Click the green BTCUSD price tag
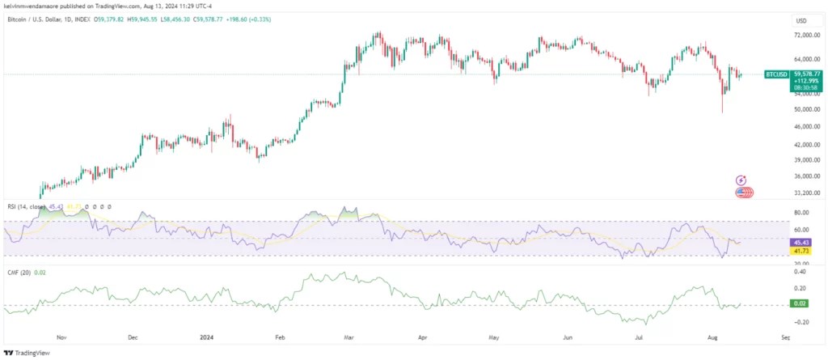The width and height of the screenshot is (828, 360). [776, 74]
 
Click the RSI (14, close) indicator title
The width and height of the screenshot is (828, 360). [24, 207]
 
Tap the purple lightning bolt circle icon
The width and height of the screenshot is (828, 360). [741, 180]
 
